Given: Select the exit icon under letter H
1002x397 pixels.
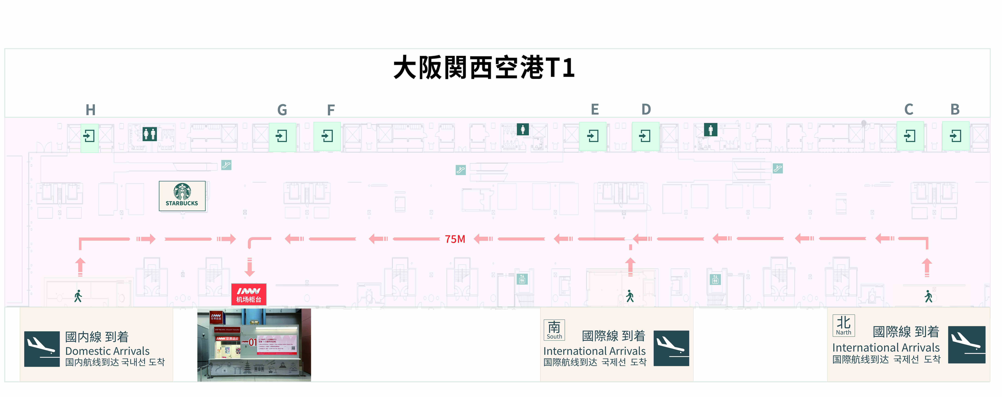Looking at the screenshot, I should (x=89, y=136).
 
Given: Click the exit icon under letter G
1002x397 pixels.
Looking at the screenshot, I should (x=282, y=136).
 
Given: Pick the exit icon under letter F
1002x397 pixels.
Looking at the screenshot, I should (x=327, y=136).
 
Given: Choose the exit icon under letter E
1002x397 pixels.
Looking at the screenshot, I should (x=593, y=136).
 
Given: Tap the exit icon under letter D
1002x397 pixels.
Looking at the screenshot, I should (x=645, y=136).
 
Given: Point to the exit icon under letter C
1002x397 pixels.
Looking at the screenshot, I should (x=910, y=136).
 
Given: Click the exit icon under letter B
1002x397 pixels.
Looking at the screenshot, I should (x=955, y=136).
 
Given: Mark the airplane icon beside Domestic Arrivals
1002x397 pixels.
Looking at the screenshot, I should (x=42, y=349).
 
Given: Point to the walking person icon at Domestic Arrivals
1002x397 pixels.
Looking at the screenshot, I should (x=78, y=296).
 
